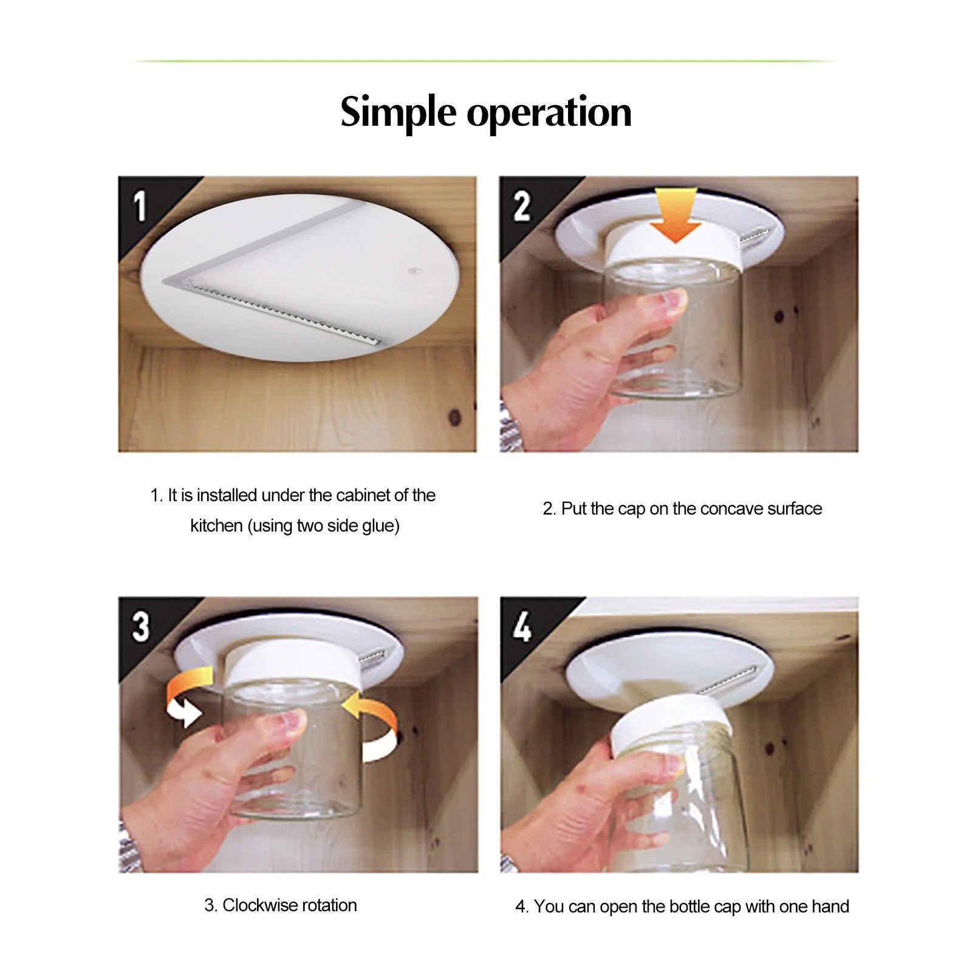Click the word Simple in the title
397,113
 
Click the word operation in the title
549,113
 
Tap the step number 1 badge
140,206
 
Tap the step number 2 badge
522,206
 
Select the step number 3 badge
140,626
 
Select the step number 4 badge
522,626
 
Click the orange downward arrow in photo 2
676,216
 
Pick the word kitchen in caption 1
216,525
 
